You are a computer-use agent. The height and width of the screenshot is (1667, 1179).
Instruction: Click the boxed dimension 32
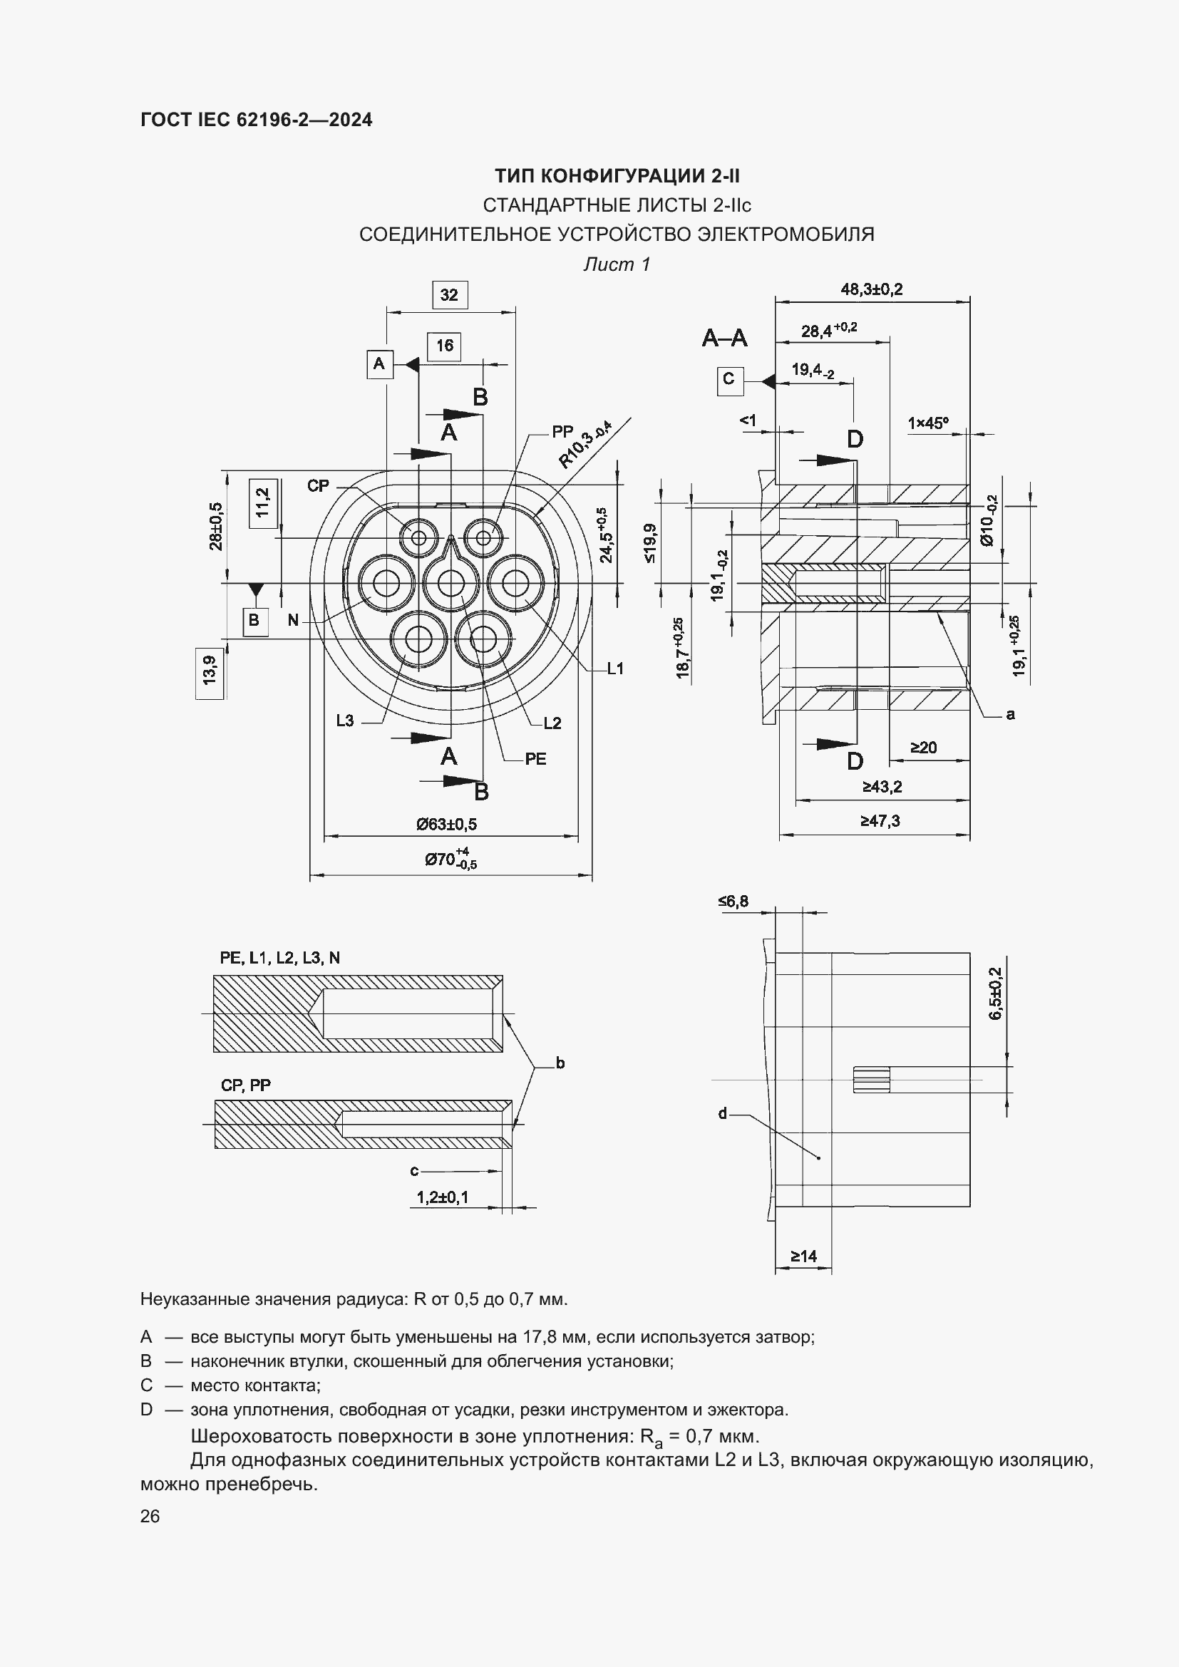click(449, 295)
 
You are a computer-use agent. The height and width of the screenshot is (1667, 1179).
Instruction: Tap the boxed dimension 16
click(444, 346)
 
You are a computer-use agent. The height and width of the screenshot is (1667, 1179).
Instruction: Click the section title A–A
click(724, 338)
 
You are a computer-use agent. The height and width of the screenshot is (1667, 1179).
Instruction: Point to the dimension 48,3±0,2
click(871, 289)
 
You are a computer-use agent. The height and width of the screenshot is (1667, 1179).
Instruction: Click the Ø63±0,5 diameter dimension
click(446, 824)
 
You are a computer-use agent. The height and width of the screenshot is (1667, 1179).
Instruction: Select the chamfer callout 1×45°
click(928, 423)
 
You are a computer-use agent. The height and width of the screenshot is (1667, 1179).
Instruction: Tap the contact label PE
click(535, 759)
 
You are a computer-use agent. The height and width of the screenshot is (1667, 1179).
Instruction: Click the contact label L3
click(345, 721)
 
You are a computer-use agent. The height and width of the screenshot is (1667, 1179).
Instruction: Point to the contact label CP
click(318, 486)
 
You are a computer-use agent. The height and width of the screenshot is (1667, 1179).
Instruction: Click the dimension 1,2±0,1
click(442, 1197)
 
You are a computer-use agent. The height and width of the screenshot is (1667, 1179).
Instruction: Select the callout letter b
click(560, 1063)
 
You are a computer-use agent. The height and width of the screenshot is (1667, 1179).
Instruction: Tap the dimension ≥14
click(803, 1256)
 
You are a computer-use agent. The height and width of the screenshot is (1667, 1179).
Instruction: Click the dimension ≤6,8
click(733, 901)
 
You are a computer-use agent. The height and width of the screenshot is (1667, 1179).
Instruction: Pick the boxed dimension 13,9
click(210, 669)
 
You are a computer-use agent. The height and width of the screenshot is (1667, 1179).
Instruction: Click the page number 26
click(150, 1516)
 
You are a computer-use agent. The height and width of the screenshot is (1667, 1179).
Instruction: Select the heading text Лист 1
click(617, 264)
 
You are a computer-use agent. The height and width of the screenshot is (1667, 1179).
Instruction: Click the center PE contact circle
click(451, 584)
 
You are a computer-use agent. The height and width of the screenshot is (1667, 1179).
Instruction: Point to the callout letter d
click(722, 1113)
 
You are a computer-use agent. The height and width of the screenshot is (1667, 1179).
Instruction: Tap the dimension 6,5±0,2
click(994, 994)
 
